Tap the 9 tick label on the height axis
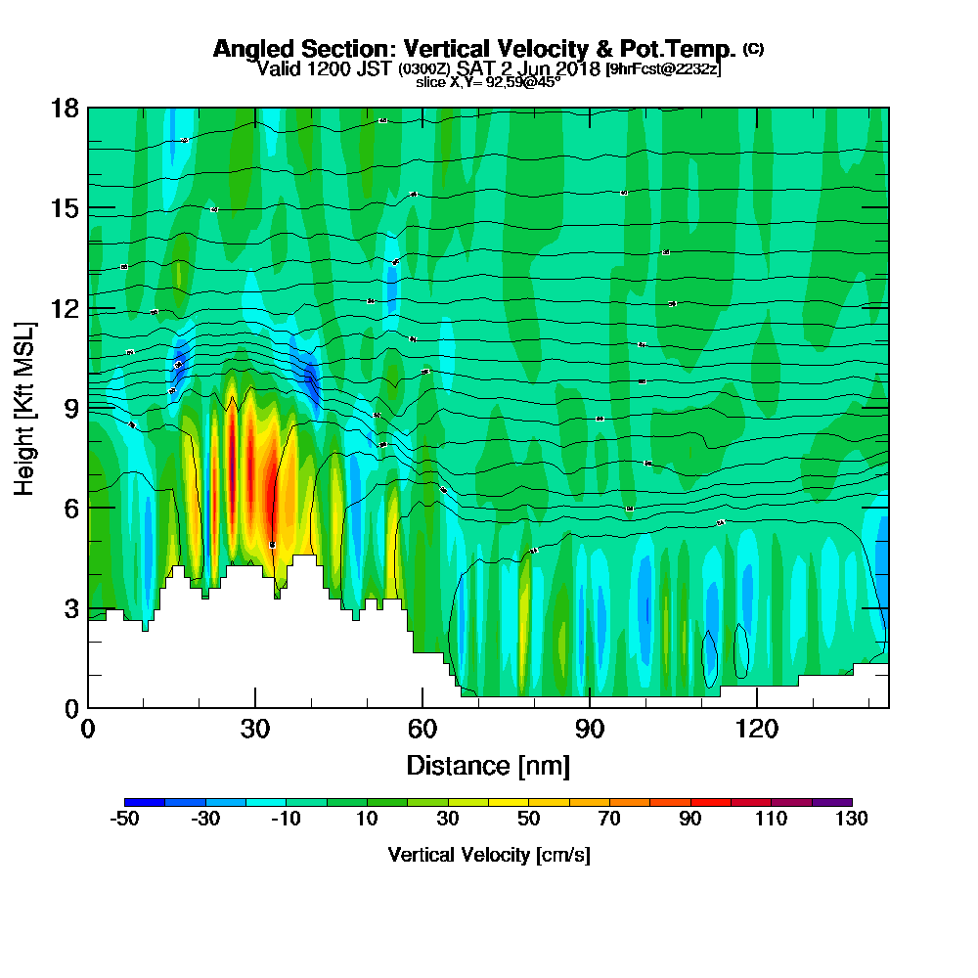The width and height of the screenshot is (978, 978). pyautogui.click(x=69, y=407)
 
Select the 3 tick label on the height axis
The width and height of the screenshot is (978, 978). pyautogui.click(x=69, y=607)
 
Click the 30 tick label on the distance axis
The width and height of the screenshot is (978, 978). pyautogui.click(x=255, y=729)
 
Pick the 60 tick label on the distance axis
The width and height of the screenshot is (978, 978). pyautogui.click(x=422, y=729)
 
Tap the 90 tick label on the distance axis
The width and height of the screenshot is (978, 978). pyautogui.click(x=590, y=729)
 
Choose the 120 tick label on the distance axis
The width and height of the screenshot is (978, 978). pyautogui.click(x=757, y=729)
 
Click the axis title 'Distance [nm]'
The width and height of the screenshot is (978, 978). pyautogui.click(x=488, y=764)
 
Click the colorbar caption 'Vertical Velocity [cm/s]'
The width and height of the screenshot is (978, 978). pyautogui.click(x=489, y=855)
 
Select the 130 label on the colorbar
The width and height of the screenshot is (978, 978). pyautogui.click(x=852, y=819)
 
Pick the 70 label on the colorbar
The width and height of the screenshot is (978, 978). pyautogui.click(x=609, y=819)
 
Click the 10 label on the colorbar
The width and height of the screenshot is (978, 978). pyautogui.click(x=367, y=819)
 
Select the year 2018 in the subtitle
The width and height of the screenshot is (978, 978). pyautogui.click(x=579, y=68)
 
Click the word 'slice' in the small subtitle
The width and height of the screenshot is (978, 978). pyautogui.click(x=431, y=82)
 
